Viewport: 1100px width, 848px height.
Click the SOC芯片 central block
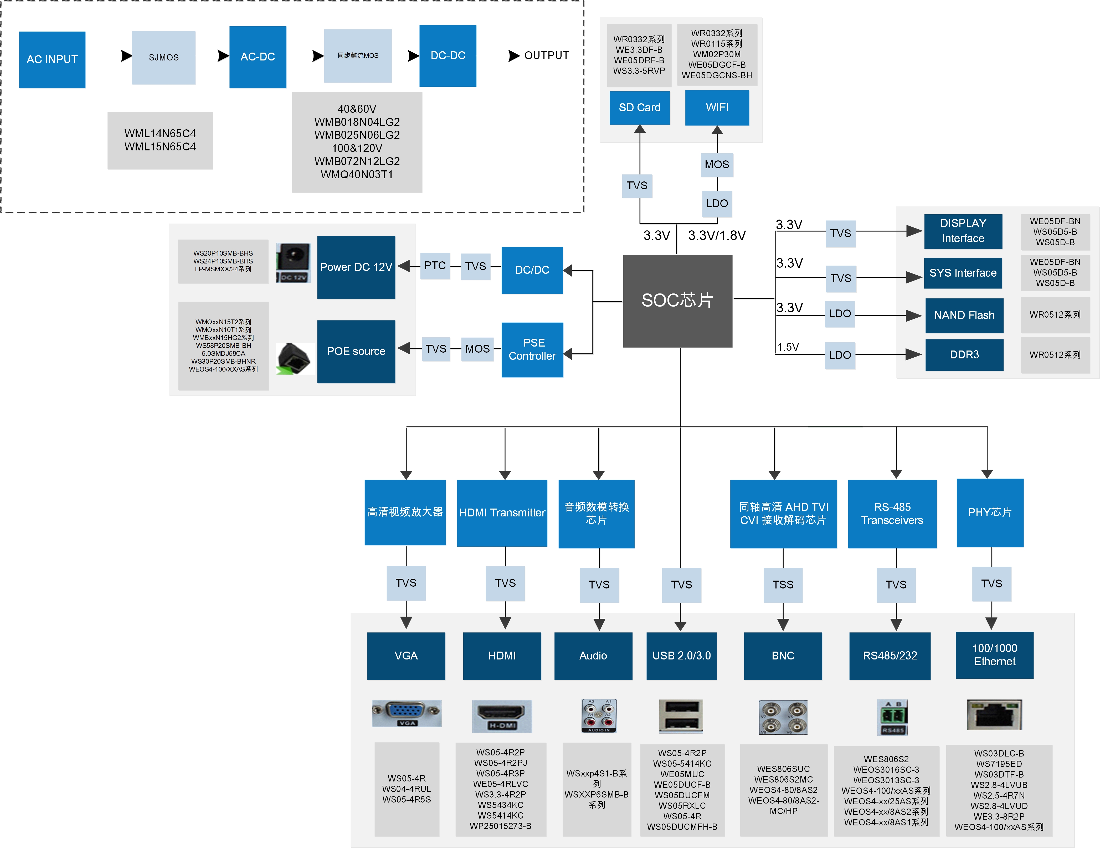(677, 301)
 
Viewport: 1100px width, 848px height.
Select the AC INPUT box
(52, 59)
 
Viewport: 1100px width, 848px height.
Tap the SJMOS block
(164, 57)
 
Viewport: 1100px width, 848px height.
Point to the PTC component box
(435, 266)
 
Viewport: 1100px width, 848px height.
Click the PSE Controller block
(532, 349)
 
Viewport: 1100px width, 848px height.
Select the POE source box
(356, 351)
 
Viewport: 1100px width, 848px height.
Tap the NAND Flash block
(964, 316)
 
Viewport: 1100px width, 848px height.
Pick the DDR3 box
(964, 355)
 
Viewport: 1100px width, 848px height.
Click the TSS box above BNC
(783, 585)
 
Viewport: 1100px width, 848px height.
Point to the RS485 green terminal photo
(892, 717)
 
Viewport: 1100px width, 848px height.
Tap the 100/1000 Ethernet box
(994, 655)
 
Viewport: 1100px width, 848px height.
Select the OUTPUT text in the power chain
(547, 55)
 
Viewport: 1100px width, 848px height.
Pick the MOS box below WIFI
(717, 165)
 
